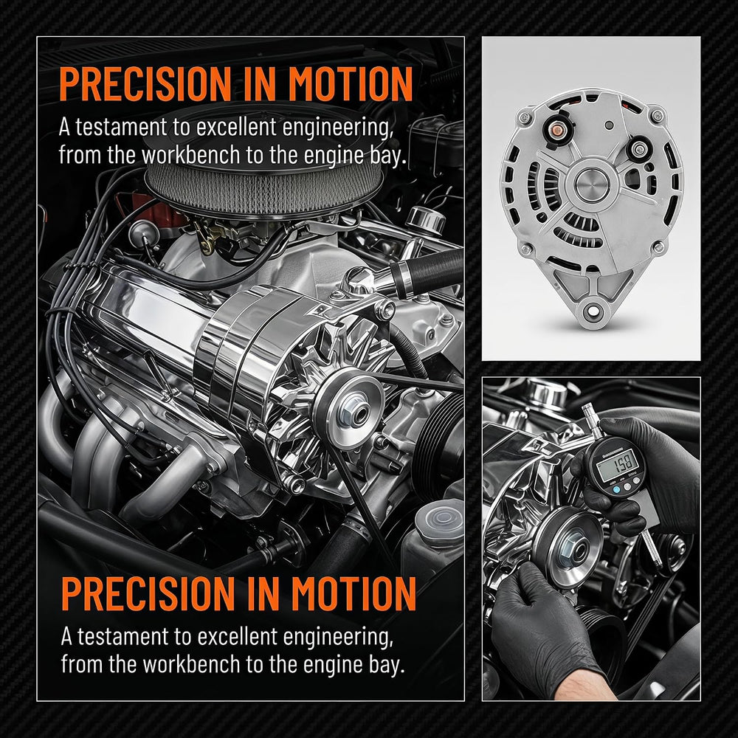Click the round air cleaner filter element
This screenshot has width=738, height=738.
point(263,188)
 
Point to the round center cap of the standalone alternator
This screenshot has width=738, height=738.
point(592,184)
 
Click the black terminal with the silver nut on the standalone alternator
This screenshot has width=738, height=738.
point(638,149)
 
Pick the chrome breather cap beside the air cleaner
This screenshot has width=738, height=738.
point(425,219)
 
